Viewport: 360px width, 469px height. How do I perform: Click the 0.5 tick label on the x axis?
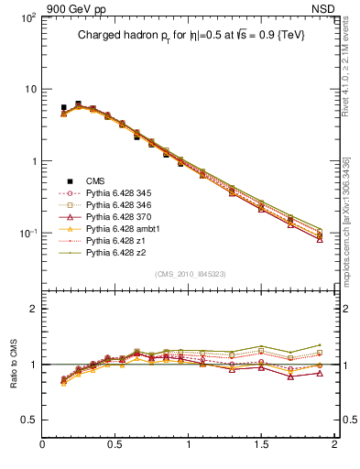115,445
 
